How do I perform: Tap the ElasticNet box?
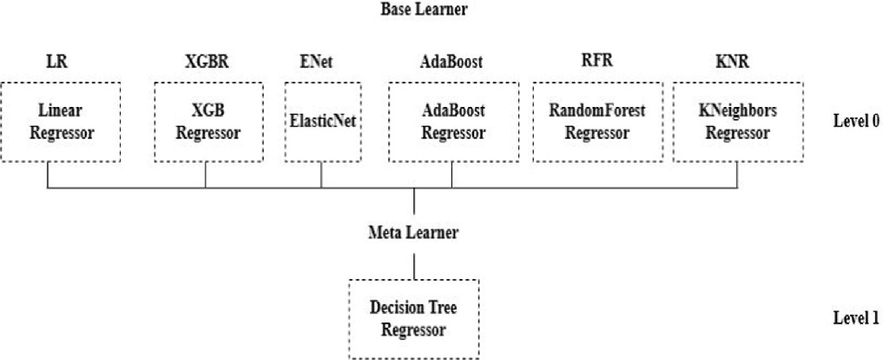click(x=323, y=122)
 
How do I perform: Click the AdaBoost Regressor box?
click(x=451, y=122)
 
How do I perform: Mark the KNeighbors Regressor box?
click(x=736, y=122)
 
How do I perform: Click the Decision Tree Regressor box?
click(x=414, y=319)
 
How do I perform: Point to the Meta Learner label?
click(x=414, y=232)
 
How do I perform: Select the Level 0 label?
click(x=856, y=121)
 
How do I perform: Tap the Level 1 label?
click(x=856, y=318)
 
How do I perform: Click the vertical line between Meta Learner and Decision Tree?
click(x=414, y=265)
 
